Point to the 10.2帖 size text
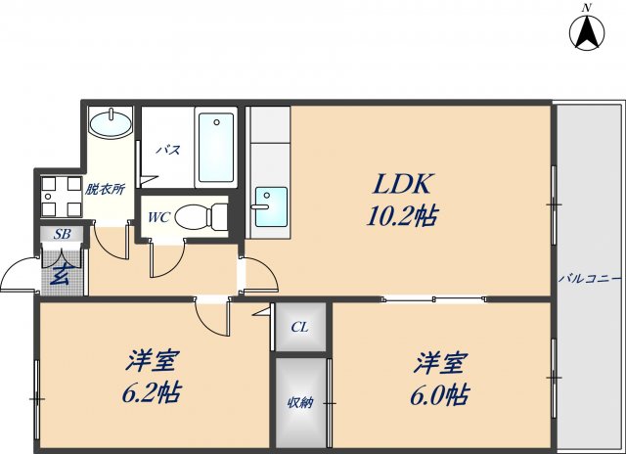[401, 216]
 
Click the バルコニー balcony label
[590, 279]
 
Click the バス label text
[168, 150]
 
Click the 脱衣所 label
[105, 189]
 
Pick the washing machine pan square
[60, 196]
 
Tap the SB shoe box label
[61, 235]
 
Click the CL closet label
[300, 327]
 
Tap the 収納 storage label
[300, 403]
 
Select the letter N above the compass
[587, 7]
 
